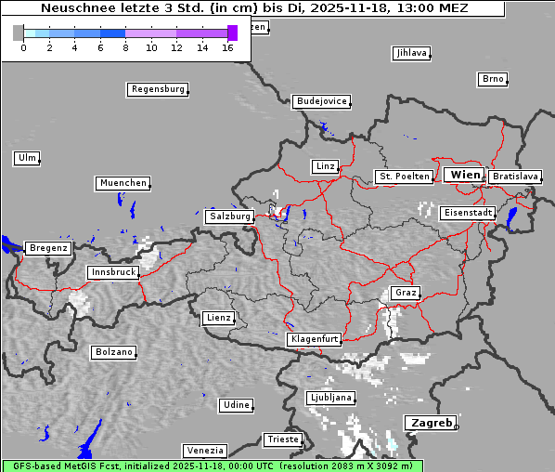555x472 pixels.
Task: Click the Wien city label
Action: pos(464,175)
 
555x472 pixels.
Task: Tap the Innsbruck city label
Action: pos(113,272)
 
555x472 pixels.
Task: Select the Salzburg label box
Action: pos(229,216)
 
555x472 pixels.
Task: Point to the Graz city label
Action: pos(406,293)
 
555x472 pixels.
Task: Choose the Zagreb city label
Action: pos(430,423)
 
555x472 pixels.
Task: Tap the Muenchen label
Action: pos(123,183)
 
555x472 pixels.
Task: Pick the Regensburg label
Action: pos(158,89)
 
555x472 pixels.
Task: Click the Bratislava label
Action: pos(515,176)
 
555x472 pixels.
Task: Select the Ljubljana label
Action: pos(330,398)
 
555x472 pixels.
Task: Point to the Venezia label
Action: pos(204,450)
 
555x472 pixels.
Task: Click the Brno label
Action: pos(493,79)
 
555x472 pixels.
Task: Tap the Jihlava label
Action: pos(411,53)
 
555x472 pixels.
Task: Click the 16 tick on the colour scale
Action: pos(227,46)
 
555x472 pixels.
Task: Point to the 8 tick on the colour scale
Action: pos(125,46)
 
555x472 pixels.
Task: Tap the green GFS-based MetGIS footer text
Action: pos(212,465)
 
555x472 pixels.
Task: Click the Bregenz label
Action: pos(48,248)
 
